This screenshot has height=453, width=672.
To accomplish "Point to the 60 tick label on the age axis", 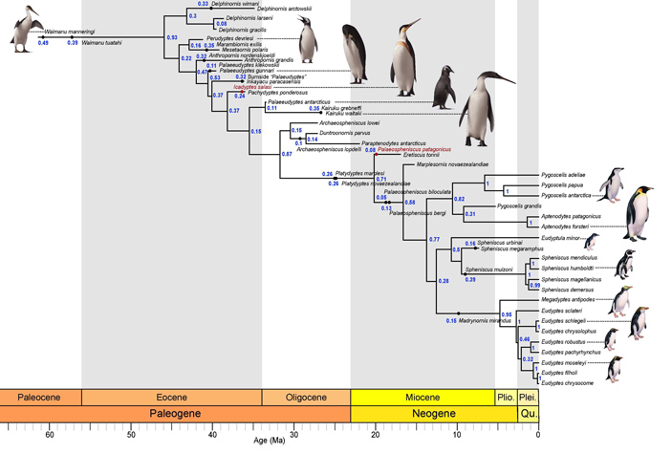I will click(50, 433).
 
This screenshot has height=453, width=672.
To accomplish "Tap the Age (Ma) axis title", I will click(270, 442).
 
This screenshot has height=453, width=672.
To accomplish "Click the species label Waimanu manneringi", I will click(72, 29).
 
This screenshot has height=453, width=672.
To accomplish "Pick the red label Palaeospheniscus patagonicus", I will click(415, 149).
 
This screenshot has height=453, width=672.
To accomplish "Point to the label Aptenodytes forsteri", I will click(569, 226).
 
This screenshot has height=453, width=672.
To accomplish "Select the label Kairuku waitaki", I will click(343, 114).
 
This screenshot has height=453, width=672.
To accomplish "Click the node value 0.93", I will click(172, 37).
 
